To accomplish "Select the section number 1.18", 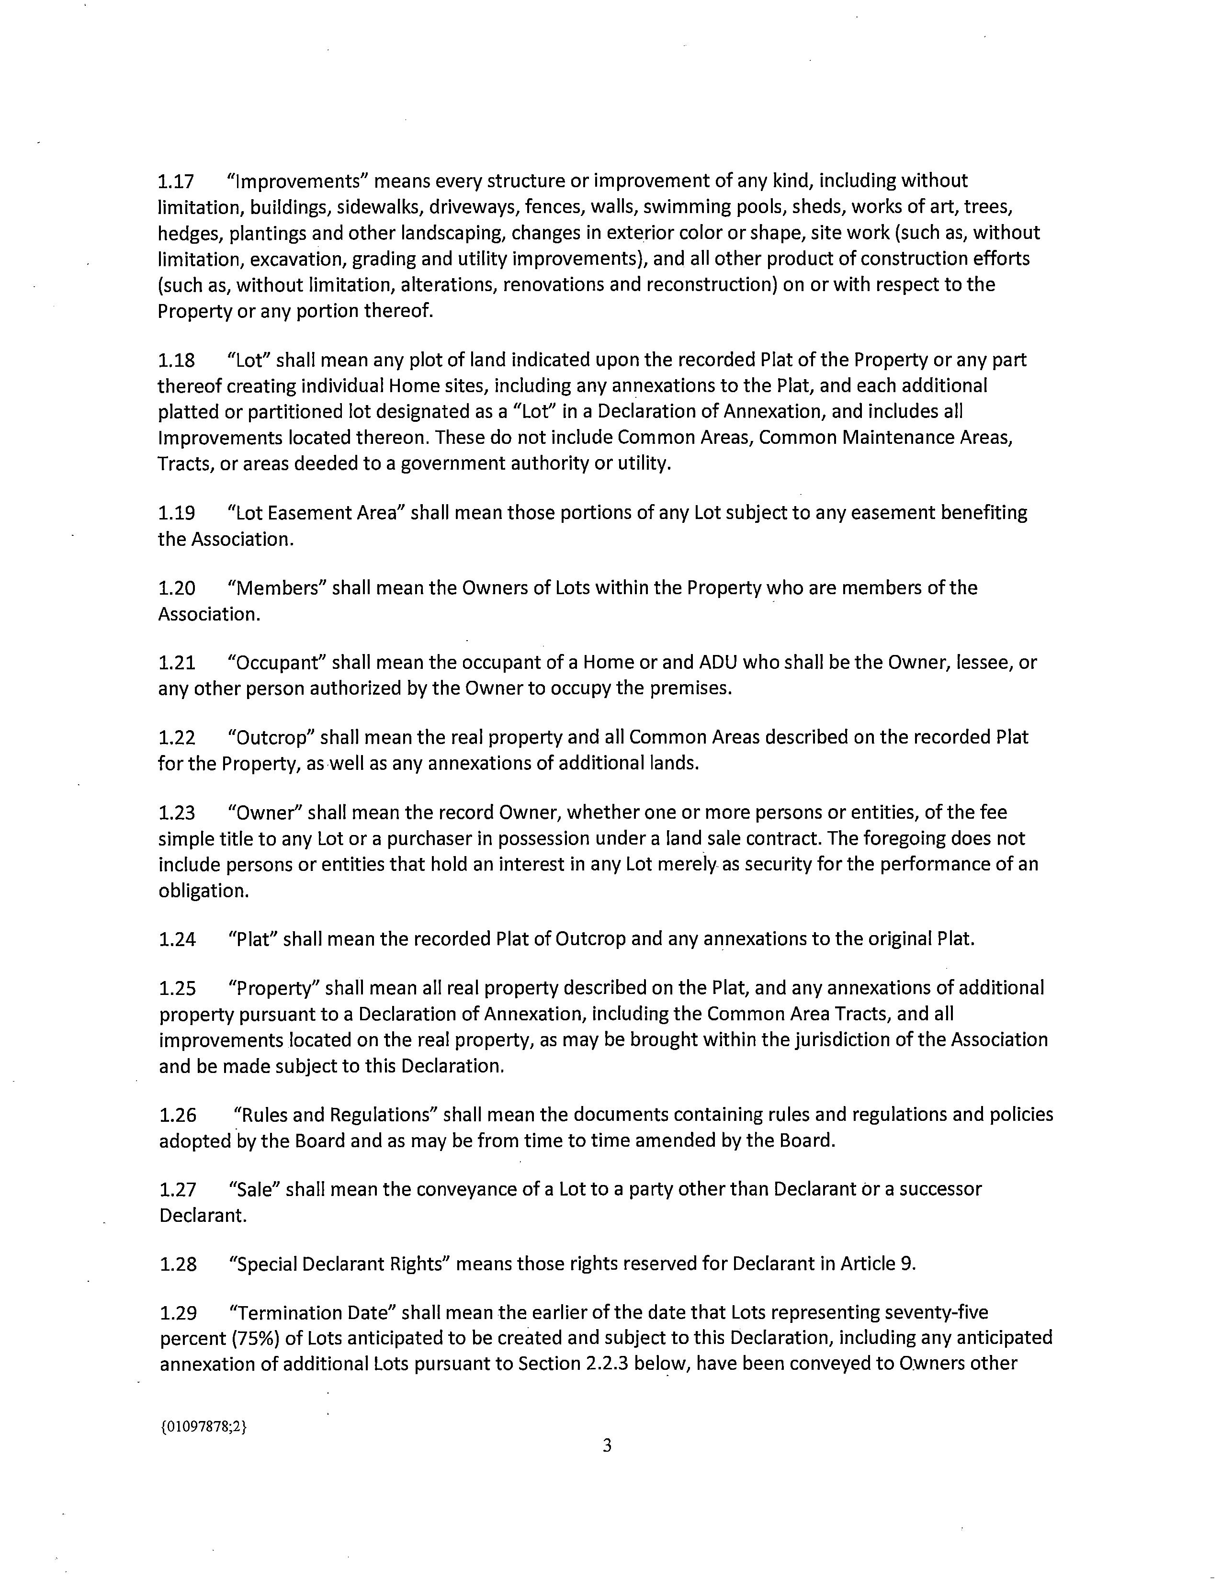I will (177, 360).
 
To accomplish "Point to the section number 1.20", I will (177, 588).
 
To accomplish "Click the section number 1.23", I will (177, 813).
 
